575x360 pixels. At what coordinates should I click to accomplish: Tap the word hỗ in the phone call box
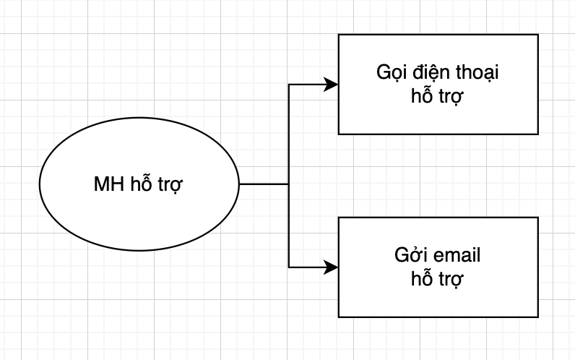422,94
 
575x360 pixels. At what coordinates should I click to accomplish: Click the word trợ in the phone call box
451,98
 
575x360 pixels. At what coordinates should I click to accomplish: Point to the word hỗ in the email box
422,278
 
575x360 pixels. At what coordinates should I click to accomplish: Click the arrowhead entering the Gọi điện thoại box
331,85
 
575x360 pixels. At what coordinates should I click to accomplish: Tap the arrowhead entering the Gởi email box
331,267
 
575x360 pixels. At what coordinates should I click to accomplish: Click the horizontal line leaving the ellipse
264,184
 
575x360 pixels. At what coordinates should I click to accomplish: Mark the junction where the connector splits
289,184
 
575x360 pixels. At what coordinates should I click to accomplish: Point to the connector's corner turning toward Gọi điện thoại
289,85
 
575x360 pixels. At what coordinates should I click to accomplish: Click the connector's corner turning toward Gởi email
289,267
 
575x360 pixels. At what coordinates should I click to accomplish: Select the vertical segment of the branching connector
289,176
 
